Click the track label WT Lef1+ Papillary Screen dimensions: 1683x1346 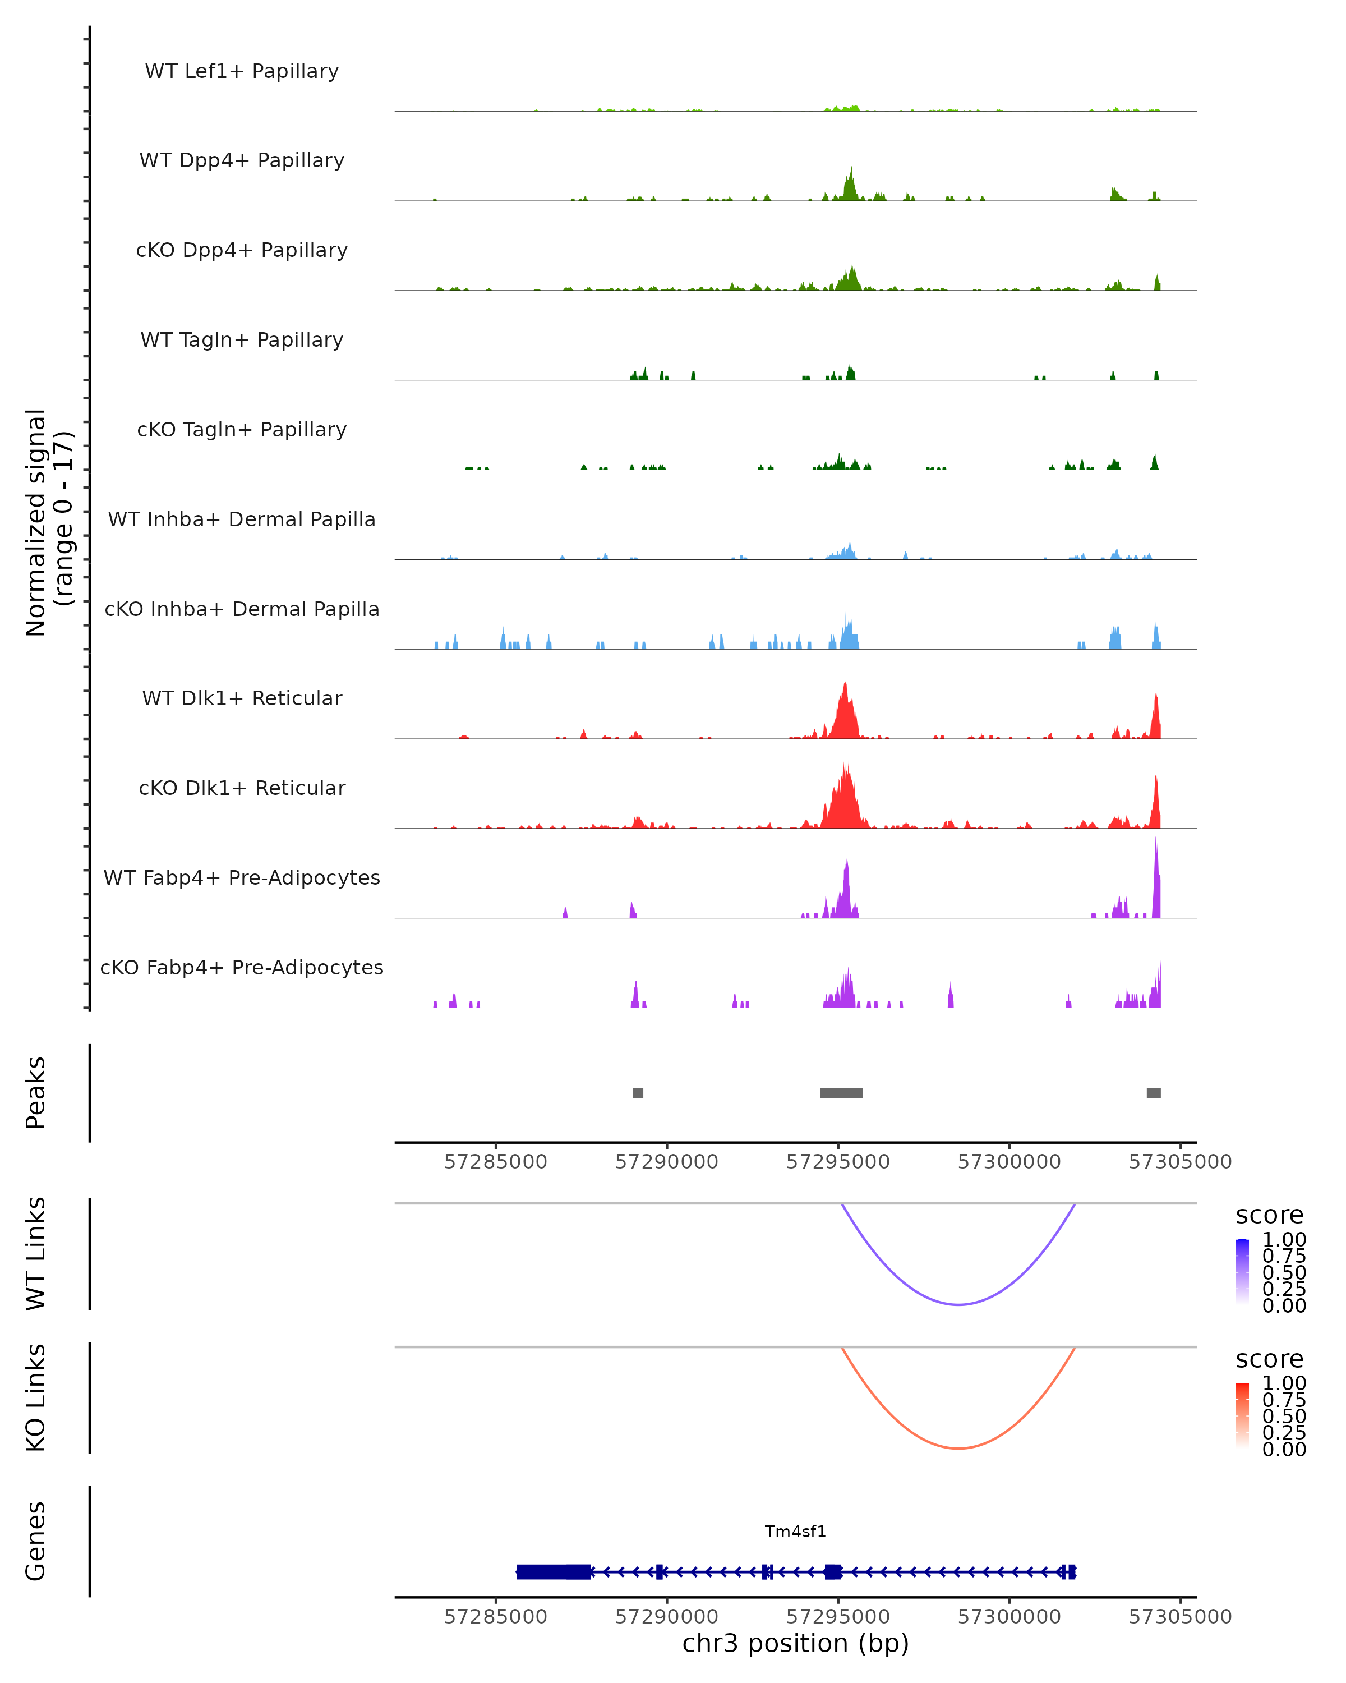(242, 71)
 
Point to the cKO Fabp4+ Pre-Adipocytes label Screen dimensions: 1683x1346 (242, 967)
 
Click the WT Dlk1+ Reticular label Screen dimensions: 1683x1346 (242, 698)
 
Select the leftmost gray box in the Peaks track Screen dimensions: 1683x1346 (638, 1093)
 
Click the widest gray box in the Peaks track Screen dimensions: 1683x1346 (841, 1093)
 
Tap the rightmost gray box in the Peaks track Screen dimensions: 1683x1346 (1153, 1093)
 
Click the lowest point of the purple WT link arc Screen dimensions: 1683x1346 (958, 1304)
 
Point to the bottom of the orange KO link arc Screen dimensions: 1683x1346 (958, 1448)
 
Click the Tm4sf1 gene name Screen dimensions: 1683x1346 (795, 1532)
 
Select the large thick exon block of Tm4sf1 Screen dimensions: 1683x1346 (552, 1571)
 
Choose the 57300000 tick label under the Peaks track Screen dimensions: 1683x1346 (1009, 1162)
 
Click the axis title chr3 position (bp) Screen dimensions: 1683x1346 (795, 1644)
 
